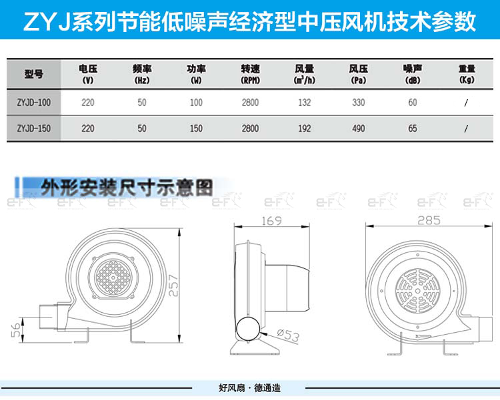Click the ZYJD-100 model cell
pos(33,102)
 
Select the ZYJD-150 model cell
pos(33,128)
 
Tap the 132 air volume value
pos(305,102)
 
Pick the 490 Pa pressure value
pos(359,128)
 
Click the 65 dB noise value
pos(413,128)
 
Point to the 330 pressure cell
pos(359,102)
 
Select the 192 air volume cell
pos(305,128)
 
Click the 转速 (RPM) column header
pos(250,73)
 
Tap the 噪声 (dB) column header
pos(413,73)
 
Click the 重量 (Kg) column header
pos(467,73)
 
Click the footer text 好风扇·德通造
pos(249,388)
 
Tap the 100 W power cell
pos(196,102)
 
